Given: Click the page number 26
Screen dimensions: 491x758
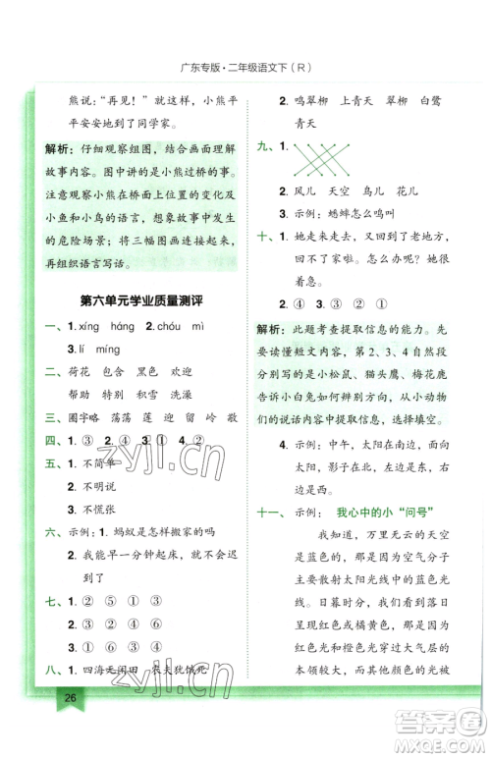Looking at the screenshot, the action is [x=70, y=726].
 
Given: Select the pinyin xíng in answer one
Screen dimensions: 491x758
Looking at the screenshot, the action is [x=91, y=326].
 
